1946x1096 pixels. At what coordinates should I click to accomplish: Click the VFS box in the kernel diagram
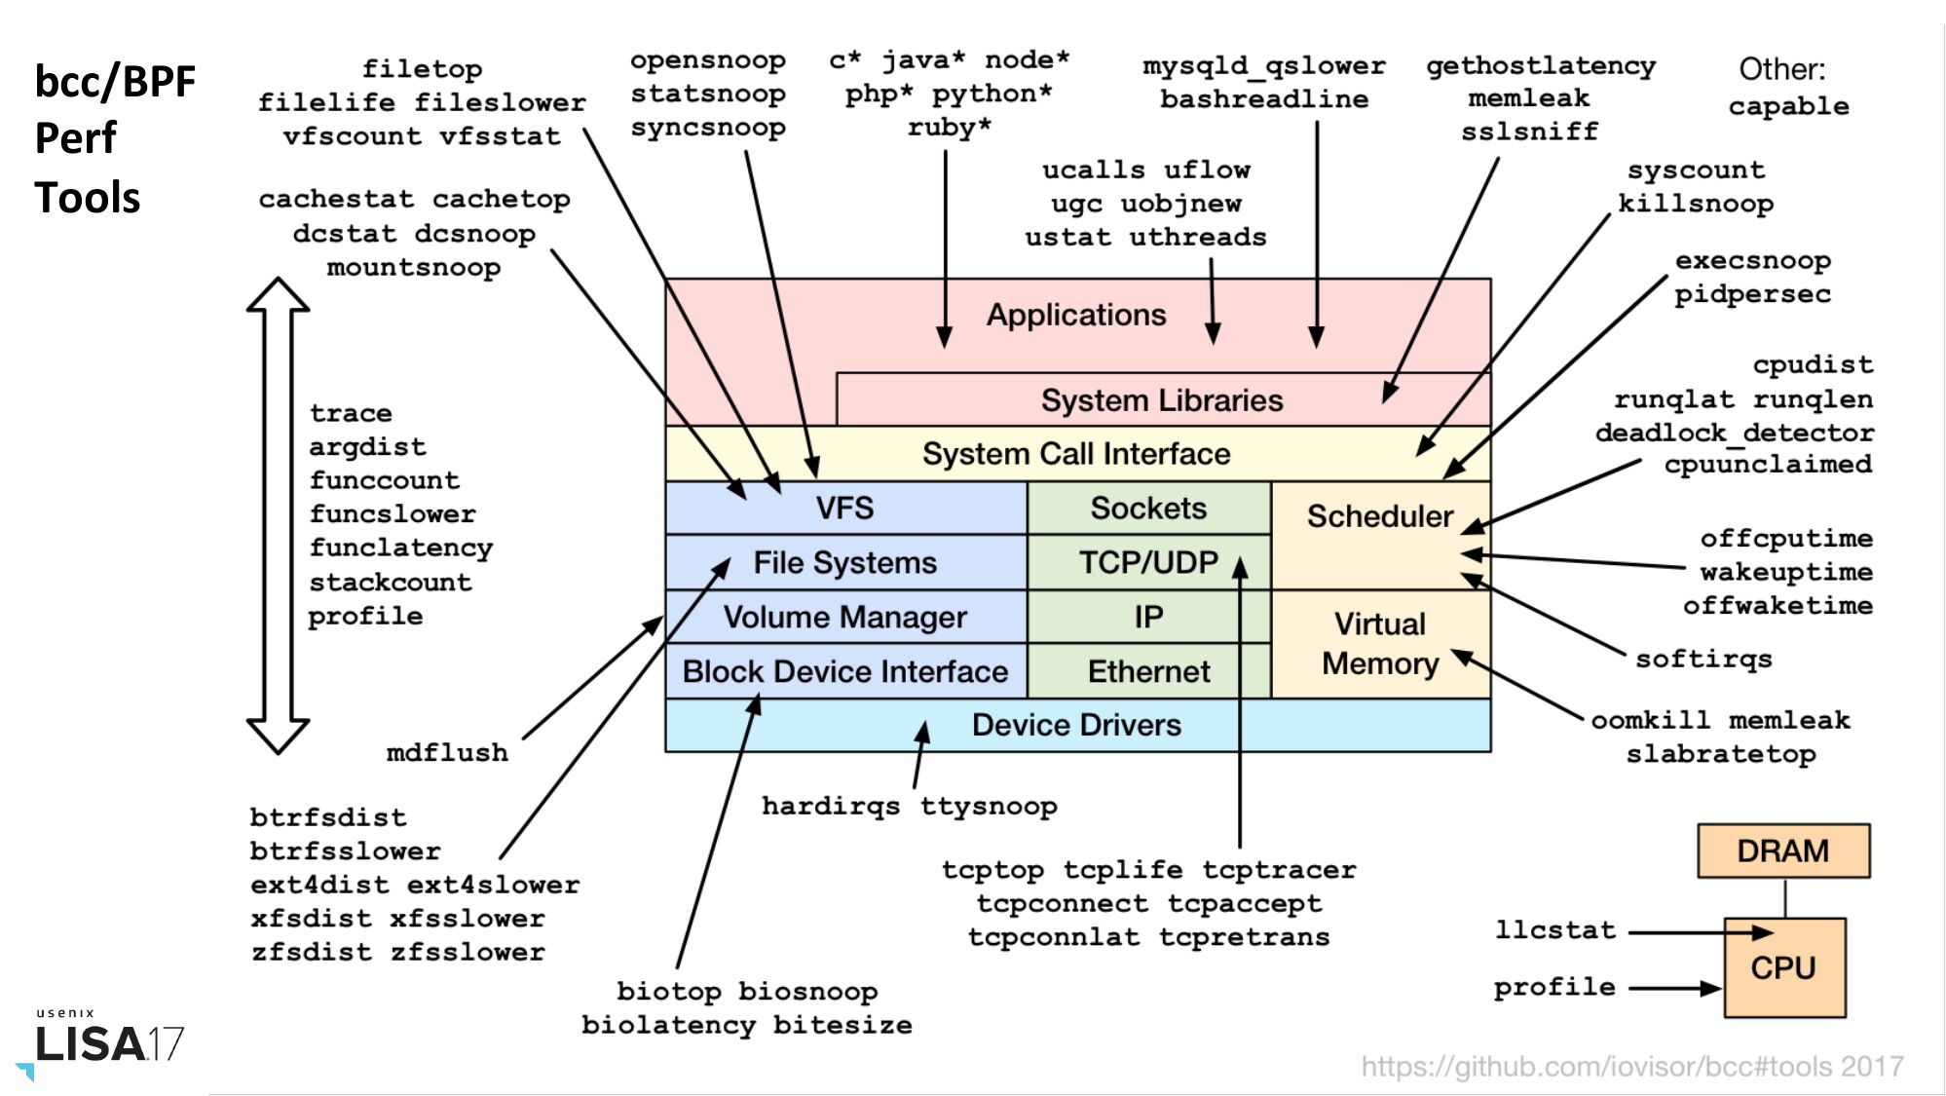[845, 508]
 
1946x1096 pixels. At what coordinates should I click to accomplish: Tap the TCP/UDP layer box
[1148, 562]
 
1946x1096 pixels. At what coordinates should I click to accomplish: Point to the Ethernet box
[1148, 671]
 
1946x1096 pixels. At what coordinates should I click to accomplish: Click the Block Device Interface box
[845, 671]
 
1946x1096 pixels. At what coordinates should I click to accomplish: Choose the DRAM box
[1782, 850]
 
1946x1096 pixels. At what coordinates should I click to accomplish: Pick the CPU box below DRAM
[1783, 967]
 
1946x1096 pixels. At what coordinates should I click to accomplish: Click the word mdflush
[447, 752]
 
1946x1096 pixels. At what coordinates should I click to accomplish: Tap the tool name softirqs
[1703, 659]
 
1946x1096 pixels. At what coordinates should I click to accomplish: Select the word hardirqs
[831, 806]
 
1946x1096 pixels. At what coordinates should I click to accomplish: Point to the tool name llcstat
[1555, 929]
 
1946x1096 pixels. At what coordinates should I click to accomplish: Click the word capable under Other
[1788, 105]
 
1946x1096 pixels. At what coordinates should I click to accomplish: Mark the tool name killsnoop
[1696, 203]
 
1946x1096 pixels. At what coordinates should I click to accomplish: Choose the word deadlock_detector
[1734, 432]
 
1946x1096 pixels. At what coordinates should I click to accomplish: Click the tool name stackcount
[391, 582]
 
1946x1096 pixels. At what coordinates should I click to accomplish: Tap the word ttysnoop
[989, 806]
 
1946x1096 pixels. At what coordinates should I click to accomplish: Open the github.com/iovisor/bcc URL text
[1631, 1066]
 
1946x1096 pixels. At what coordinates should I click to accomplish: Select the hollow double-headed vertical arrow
[279, 515]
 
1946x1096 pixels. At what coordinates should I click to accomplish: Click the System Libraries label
[1162, 400]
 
